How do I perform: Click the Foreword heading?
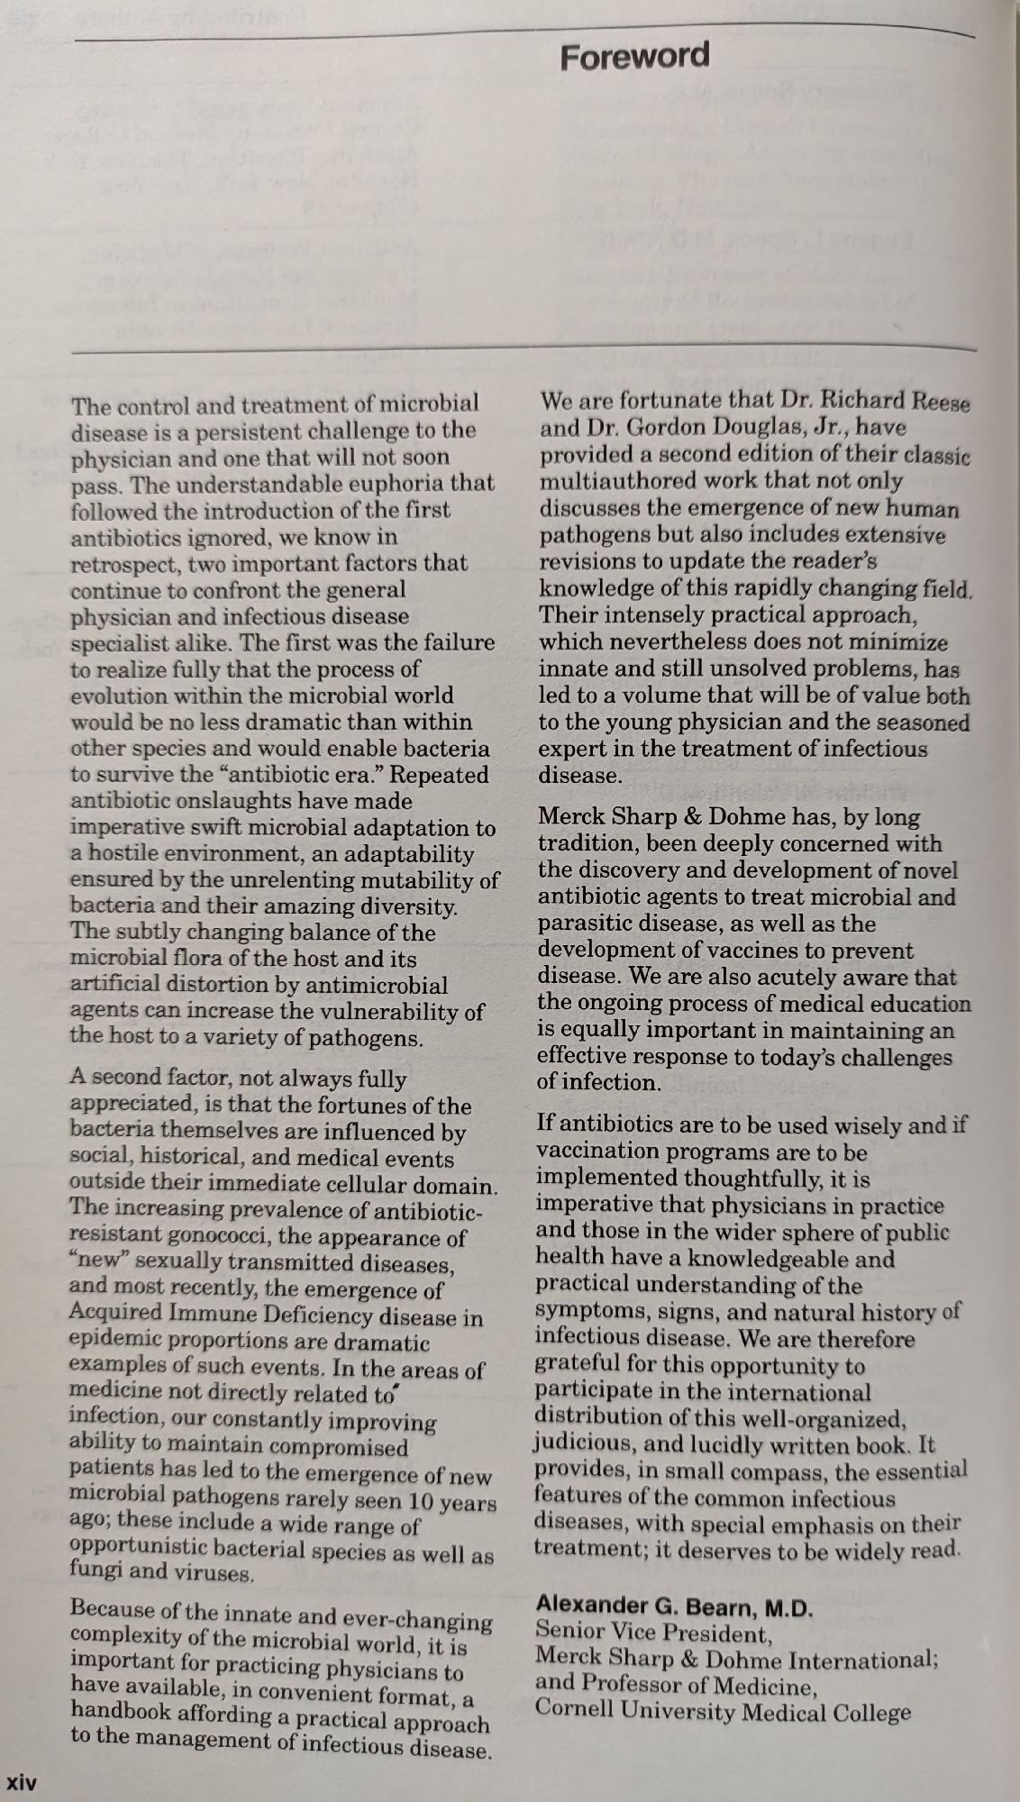(634, 56)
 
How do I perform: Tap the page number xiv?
(22, 1781)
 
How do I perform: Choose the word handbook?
(126, 1711)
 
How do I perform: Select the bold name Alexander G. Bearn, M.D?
(674, 1606)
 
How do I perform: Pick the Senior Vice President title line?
(654, 1632)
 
